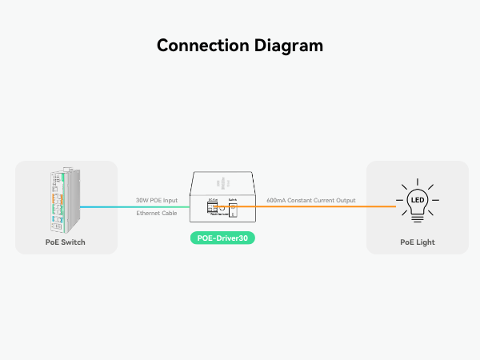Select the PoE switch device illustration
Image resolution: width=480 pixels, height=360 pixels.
[x=63, y=199]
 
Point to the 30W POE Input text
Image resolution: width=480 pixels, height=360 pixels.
[x=157, y=200]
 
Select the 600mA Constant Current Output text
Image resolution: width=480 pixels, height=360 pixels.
[x=310, y=200]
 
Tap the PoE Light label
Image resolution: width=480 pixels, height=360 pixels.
[x=417, y=242]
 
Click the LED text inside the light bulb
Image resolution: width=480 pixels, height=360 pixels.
[x=417, y=198]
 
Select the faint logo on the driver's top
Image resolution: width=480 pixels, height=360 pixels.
[x=222, y=181]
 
